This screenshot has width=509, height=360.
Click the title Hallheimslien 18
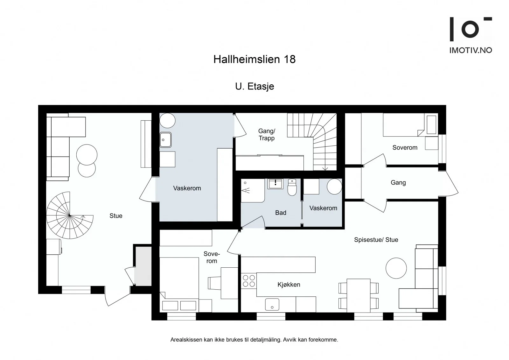pyautogui.click(x=254, y=59)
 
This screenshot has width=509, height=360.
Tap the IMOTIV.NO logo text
pyautogui.click(x=471, y=50)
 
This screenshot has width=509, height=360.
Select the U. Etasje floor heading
pyautogui.click(x=254, y=86)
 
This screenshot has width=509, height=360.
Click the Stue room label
pyautogui.click(x=116, y=215)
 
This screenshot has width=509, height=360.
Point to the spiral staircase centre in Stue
pyautogui.click(x=70, y=215)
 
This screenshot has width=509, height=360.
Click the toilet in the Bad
pyautogui.click(x=292, y=187)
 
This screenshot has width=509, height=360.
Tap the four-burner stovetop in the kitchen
pyautogui.click(x=249, y=281)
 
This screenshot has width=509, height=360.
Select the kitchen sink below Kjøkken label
pyautogui.click(x=272, y=304)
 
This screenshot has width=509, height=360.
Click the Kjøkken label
pyautogui.click(x=289, y=285)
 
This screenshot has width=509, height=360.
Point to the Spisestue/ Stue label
pyautogui.click(x=376, y=240)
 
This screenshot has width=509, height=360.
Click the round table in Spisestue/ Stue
pyautogui.click(x=396, y=268)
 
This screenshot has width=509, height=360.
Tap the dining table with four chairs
pyautogui.click(x=359, y=295)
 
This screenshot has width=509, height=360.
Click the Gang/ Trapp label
pyautogui.click(x=267, y=134)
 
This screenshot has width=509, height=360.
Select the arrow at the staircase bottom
pyautogui.click(x=325, y=168)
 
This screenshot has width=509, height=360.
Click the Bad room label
pyautogui.click(x=281, y=213)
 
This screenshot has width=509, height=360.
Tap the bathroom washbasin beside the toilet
pyautogui.click(x=275, y=184)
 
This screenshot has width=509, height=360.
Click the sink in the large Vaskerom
pyautogui.click(x=165, y=140)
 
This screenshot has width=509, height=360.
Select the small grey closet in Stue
pyautogui.click(x=143, y=266)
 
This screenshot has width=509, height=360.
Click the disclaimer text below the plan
pyautogui.click(x=254, y=340)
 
